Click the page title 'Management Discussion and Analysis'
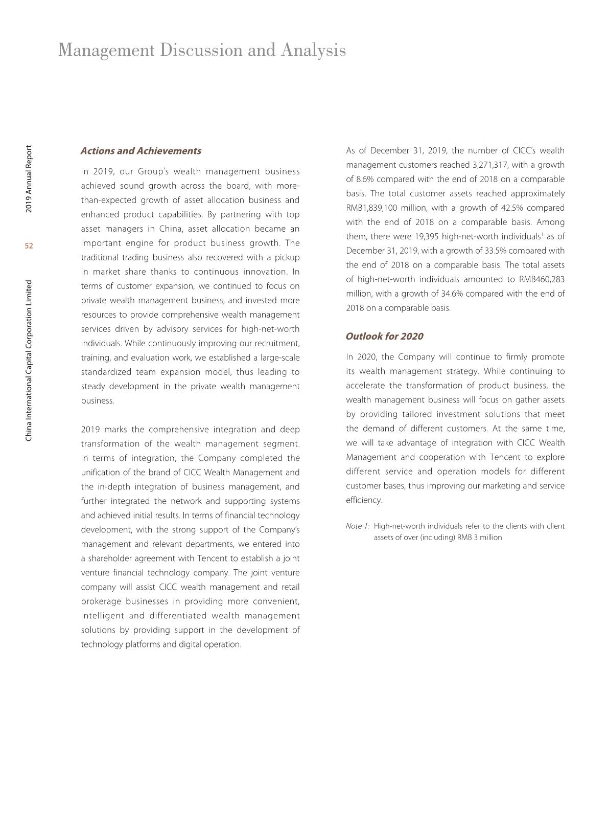click(x=202, y=50)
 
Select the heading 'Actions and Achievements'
click(x=141, y=151)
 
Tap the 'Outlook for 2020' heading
click(x=384, y=336)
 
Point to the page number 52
click(x=29, y=246)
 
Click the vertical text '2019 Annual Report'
click(x=29, y=179)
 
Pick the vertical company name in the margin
click(x=29, y=360)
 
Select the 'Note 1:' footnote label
click(x=357, y=526)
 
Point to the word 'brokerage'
click(x=101, y=601)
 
